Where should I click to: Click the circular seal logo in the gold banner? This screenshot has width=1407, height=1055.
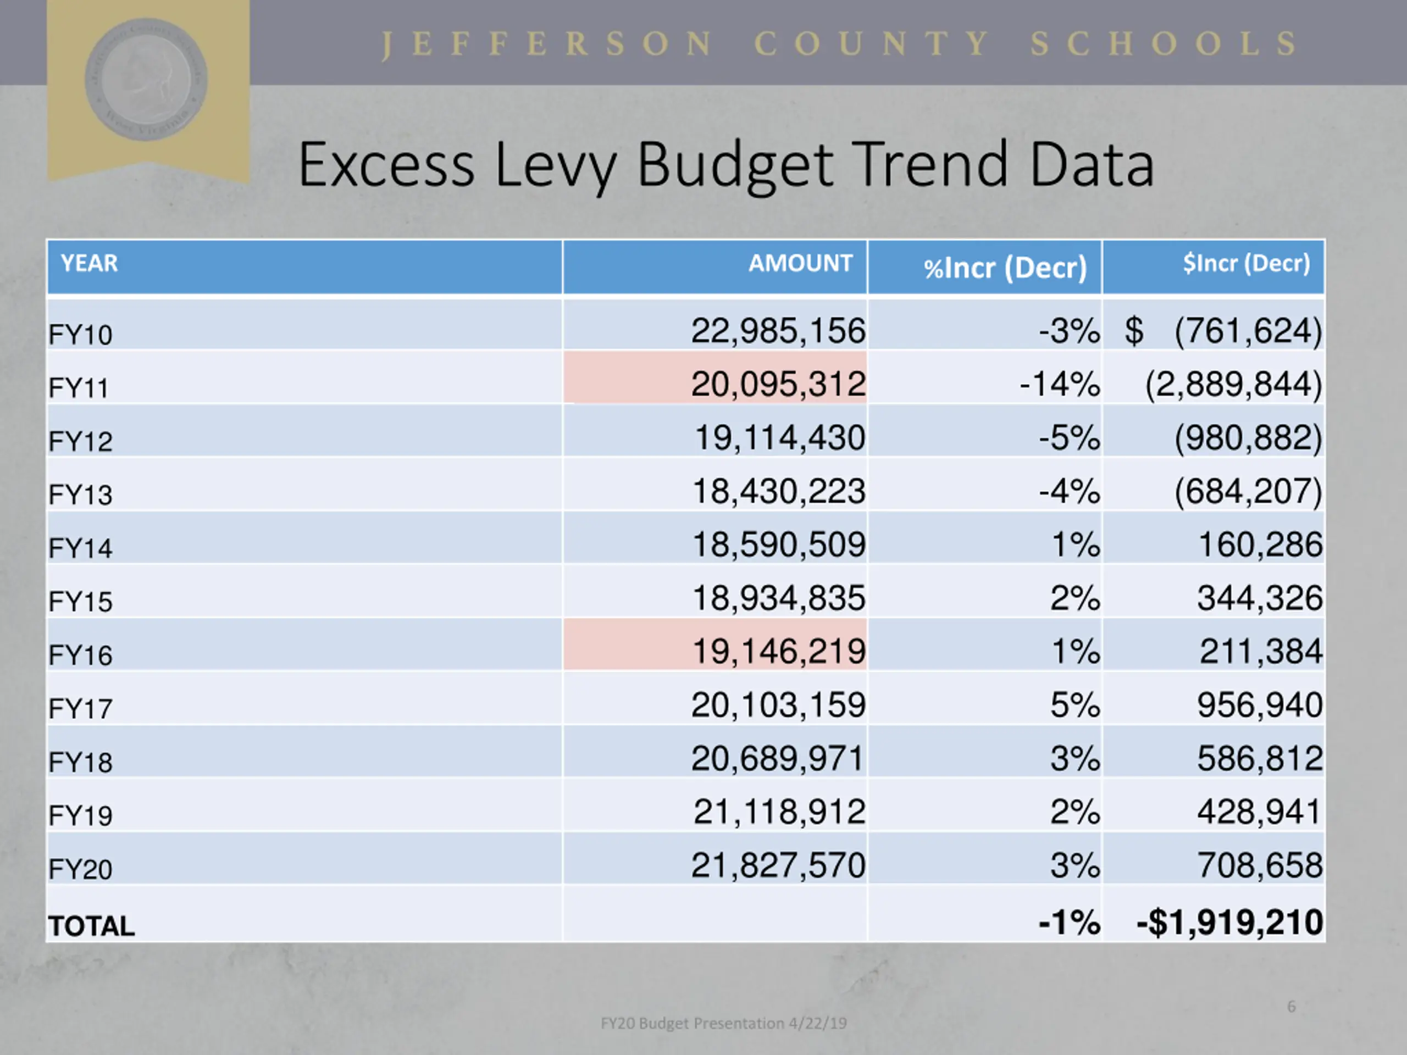146,79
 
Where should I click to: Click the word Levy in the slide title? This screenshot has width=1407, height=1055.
555,166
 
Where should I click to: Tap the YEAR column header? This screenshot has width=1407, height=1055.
89,263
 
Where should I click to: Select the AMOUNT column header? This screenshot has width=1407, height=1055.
800,263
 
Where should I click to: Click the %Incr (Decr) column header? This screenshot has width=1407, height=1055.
1005,268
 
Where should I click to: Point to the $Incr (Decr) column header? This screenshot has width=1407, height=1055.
1245,263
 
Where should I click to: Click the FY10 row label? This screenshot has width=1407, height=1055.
80,335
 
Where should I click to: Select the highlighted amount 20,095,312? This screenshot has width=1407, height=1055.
778,384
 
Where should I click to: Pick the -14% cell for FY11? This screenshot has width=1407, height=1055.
1059,384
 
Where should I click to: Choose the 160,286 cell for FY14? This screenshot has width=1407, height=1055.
1260,545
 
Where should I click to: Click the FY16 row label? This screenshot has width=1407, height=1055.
80,655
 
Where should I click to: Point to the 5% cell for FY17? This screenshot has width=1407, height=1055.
1074,704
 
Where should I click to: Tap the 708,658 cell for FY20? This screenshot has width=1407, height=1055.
1260,865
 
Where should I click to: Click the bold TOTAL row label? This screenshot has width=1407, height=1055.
92,926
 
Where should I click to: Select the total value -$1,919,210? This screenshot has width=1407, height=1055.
1229,922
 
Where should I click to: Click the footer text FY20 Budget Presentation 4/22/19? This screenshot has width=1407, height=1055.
724,1023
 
